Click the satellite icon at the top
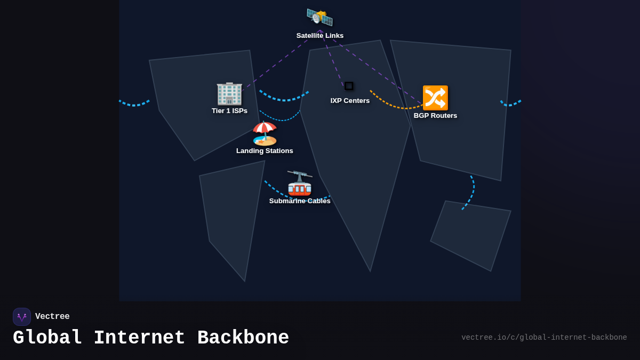[319, 18]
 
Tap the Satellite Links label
[320, 36]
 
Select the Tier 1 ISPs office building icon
[229, 93]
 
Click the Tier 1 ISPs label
[229, 111]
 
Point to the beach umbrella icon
[265, 133]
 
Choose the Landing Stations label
[265, 151]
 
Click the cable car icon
[300, 183]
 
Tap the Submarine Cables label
[300, 201]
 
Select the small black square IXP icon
[349, 86]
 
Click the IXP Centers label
[350, 101]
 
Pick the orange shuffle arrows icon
[435, 98]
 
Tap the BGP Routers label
[435, 116]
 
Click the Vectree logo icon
[22, 317]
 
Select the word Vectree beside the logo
[52, 317]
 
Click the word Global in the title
[47, 338]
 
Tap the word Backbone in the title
[243, 338]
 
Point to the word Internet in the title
[139, 338]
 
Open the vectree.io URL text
[544, 338]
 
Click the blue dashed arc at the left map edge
[134, 103]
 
